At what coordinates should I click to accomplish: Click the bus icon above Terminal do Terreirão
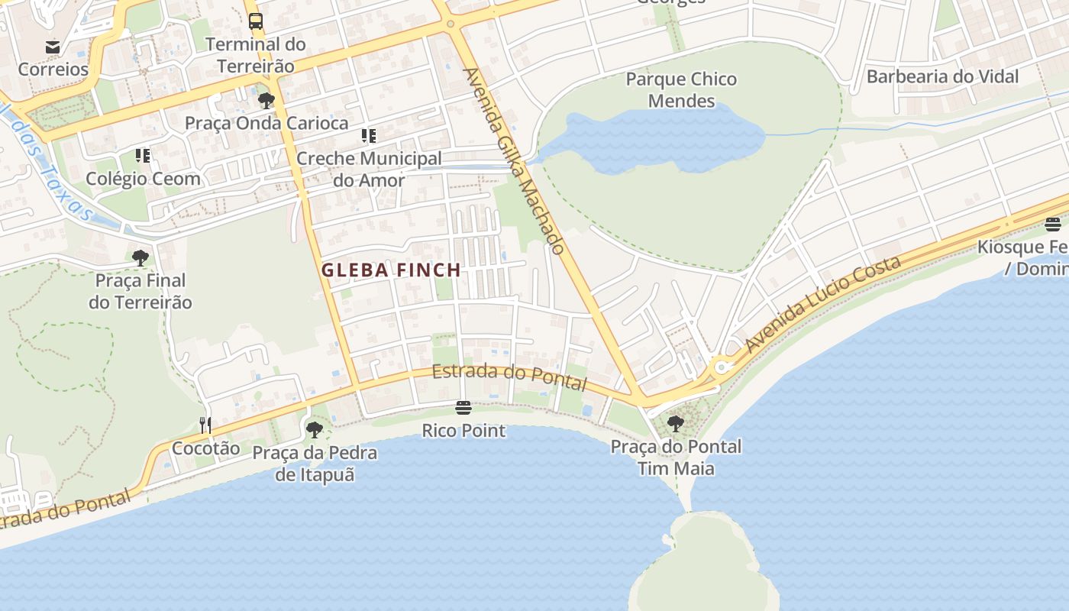click(x=256, y=21)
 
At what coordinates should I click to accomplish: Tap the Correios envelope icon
click(x=53, y=47)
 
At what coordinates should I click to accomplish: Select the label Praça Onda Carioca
click(x=266, y=123)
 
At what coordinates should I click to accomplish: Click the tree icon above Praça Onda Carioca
click(x=266, y=100)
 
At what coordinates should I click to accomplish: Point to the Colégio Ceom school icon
click(x=143, y=156)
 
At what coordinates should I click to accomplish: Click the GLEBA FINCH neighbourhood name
click(x=391, y=270)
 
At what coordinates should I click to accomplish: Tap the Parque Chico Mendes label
click(x=681, y=89)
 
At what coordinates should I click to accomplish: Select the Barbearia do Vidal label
click(x=942, y=76)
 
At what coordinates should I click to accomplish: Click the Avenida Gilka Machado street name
click(x=514, y=161)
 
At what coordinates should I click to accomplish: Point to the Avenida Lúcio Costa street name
click(x=824, y=304)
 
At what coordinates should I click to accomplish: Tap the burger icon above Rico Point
click(x=463, y=408)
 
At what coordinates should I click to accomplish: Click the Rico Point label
click(x=463, y=431)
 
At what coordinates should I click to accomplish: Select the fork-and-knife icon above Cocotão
click(x=205, y=425)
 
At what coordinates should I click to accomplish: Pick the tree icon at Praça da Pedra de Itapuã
click(x=314, y=429)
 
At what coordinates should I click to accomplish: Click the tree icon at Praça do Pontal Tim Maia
click(x=675, y=423)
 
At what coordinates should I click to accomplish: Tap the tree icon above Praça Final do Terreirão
click(x=140, y=258)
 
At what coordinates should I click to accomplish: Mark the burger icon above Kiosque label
click(x=1052, y=224)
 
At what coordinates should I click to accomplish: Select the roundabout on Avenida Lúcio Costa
click(x=721, y=368)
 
